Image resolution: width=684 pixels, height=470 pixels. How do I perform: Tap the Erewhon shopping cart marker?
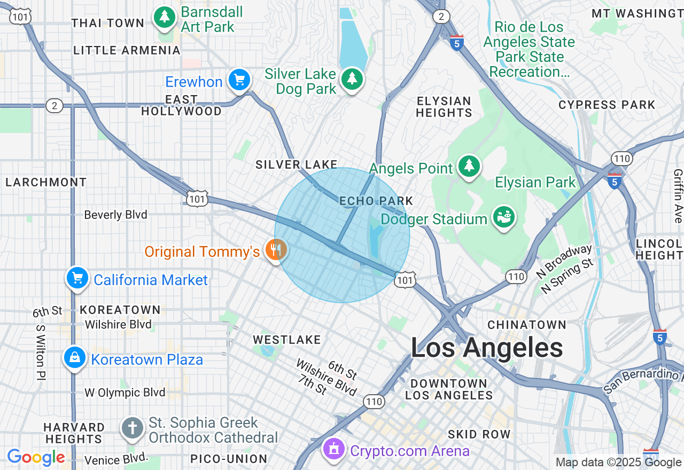coord(239,80)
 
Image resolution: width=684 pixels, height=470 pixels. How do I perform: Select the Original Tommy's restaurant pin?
coord(276,249)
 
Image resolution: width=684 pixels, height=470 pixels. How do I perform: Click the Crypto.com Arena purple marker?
coord(335,449)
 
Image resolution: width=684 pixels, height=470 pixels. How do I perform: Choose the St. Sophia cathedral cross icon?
coord(133,428)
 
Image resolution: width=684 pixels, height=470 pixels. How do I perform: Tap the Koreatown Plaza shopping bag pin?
coord(75,358)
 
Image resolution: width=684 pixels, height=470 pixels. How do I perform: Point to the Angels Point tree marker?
coord(469,166)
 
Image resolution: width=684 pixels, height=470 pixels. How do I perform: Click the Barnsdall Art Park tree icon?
coord(165,17)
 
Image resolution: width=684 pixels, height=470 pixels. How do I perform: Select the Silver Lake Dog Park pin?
coord(352,79)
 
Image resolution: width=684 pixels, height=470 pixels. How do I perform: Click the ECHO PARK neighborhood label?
coord(376,201)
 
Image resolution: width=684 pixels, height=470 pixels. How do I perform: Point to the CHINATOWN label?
coord(526,325)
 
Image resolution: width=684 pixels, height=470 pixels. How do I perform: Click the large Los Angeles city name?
coord(486,348)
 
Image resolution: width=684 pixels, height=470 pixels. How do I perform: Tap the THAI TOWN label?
coord(108,23)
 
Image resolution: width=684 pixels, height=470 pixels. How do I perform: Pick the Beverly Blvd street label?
coord(115,215)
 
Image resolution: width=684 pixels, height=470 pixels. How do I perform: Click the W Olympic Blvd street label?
coord(125,393)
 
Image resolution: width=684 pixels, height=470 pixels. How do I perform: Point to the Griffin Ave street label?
coord(678,195)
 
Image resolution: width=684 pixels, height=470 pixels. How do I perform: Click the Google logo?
coord(36,458)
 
